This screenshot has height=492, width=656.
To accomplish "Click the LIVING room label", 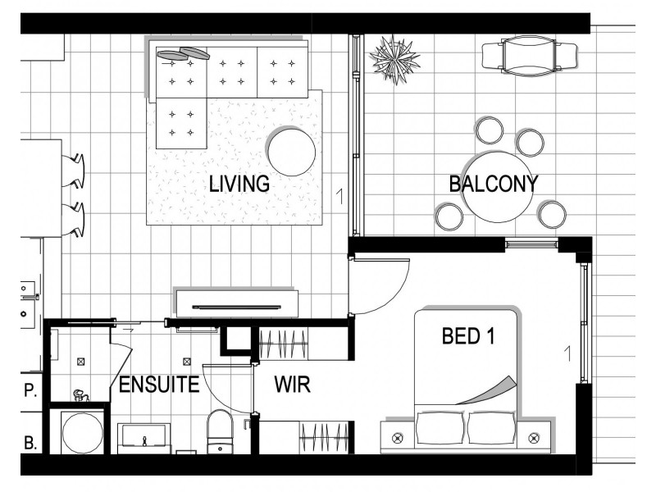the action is coord(239,184).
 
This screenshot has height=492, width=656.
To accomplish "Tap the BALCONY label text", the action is coord(494,184).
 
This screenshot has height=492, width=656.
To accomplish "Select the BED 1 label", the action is coord(468,336).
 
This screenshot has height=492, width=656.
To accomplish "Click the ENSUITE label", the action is coord(159,385).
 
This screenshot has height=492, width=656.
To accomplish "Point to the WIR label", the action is coord(293,385).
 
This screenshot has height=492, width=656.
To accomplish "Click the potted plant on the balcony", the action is coord(394,60).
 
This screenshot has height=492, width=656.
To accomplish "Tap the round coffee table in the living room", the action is coord(292,152).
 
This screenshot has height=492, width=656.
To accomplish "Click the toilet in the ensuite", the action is coord(220,431).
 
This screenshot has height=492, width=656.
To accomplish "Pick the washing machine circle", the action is coord(83,433).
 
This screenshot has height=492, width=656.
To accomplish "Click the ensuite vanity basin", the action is coord(144,438).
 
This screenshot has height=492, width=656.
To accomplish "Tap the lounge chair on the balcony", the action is coord(530,56).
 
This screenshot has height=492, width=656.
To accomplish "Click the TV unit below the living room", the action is coord(237,304).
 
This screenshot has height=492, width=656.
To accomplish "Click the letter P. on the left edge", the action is coord(30,390).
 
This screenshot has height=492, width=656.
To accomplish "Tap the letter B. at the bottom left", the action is coord(30,443).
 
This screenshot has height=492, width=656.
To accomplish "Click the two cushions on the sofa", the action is coord(183,54).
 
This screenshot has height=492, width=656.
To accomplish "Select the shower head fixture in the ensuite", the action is coord(80,394).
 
